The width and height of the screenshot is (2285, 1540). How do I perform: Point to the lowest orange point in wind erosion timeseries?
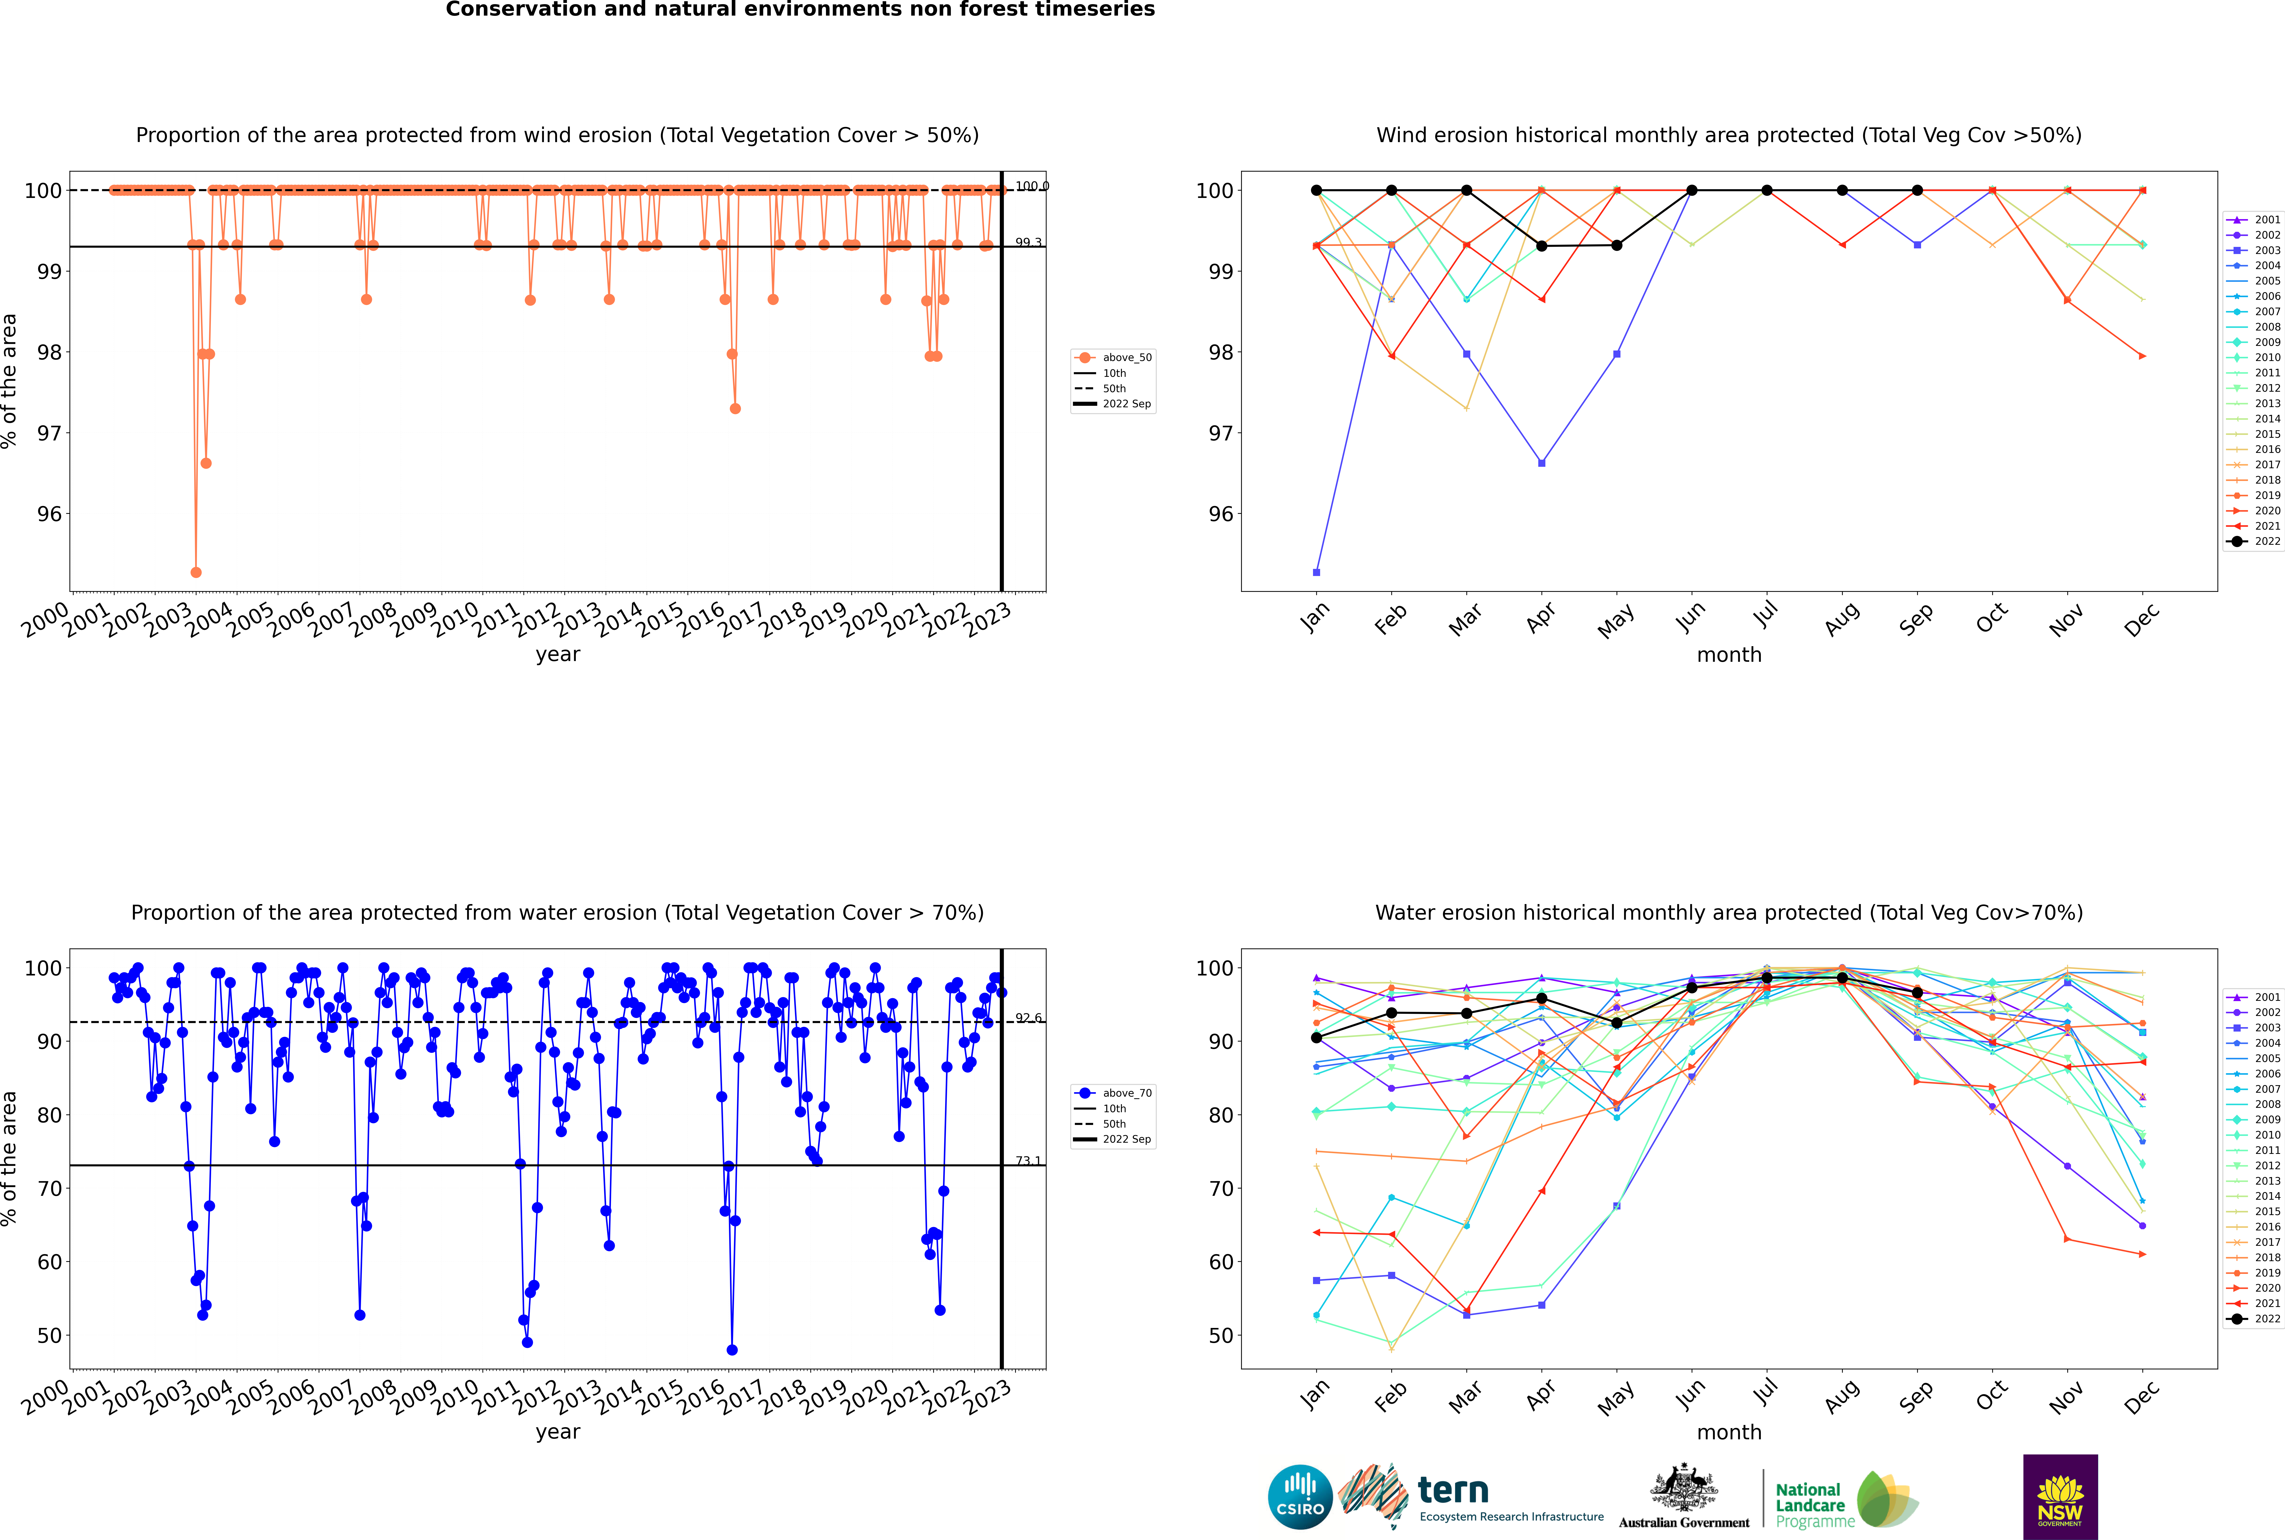[196, 572]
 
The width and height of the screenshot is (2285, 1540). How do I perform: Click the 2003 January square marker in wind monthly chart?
[1316, 572]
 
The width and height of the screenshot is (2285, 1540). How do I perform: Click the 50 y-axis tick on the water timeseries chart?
[49, 1336]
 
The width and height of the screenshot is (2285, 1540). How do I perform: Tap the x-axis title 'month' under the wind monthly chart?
[1729, 655]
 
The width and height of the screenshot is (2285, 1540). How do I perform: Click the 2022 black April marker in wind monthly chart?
[1541, 245]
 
